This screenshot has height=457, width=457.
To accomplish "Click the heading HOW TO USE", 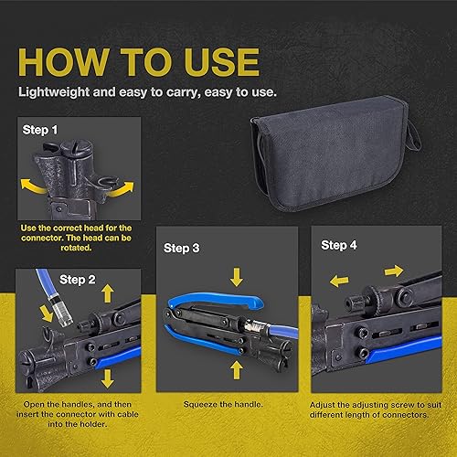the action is point(139,62).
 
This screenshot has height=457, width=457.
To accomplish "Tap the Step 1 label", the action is point(40,130).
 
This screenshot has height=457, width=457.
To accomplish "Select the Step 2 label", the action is point(78,280).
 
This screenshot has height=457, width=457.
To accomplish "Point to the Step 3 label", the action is point(182,248).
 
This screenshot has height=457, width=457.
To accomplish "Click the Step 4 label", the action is point(339,245).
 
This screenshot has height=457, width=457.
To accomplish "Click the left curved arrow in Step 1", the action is point(32,186).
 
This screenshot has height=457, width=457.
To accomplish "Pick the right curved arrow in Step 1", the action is point(122,189).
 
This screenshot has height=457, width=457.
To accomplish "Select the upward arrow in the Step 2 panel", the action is point(108,293).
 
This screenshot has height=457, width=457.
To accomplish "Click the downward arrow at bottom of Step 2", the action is point(107,378).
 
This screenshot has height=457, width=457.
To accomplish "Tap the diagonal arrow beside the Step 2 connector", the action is point(47,314).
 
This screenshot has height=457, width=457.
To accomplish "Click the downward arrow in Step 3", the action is point(237,277).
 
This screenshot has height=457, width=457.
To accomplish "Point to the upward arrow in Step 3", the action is point(237,370).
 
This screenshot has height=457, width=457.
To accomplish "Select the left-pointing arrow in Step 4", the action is point(339,281).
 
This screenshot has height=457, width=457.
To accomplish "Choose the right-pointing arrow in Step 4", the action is point(394,271).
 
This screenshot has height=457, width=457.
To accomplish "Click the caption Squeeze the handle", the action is point(223,404).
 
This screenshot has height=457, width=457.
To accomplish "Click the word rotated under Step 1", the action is point(76,248).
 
